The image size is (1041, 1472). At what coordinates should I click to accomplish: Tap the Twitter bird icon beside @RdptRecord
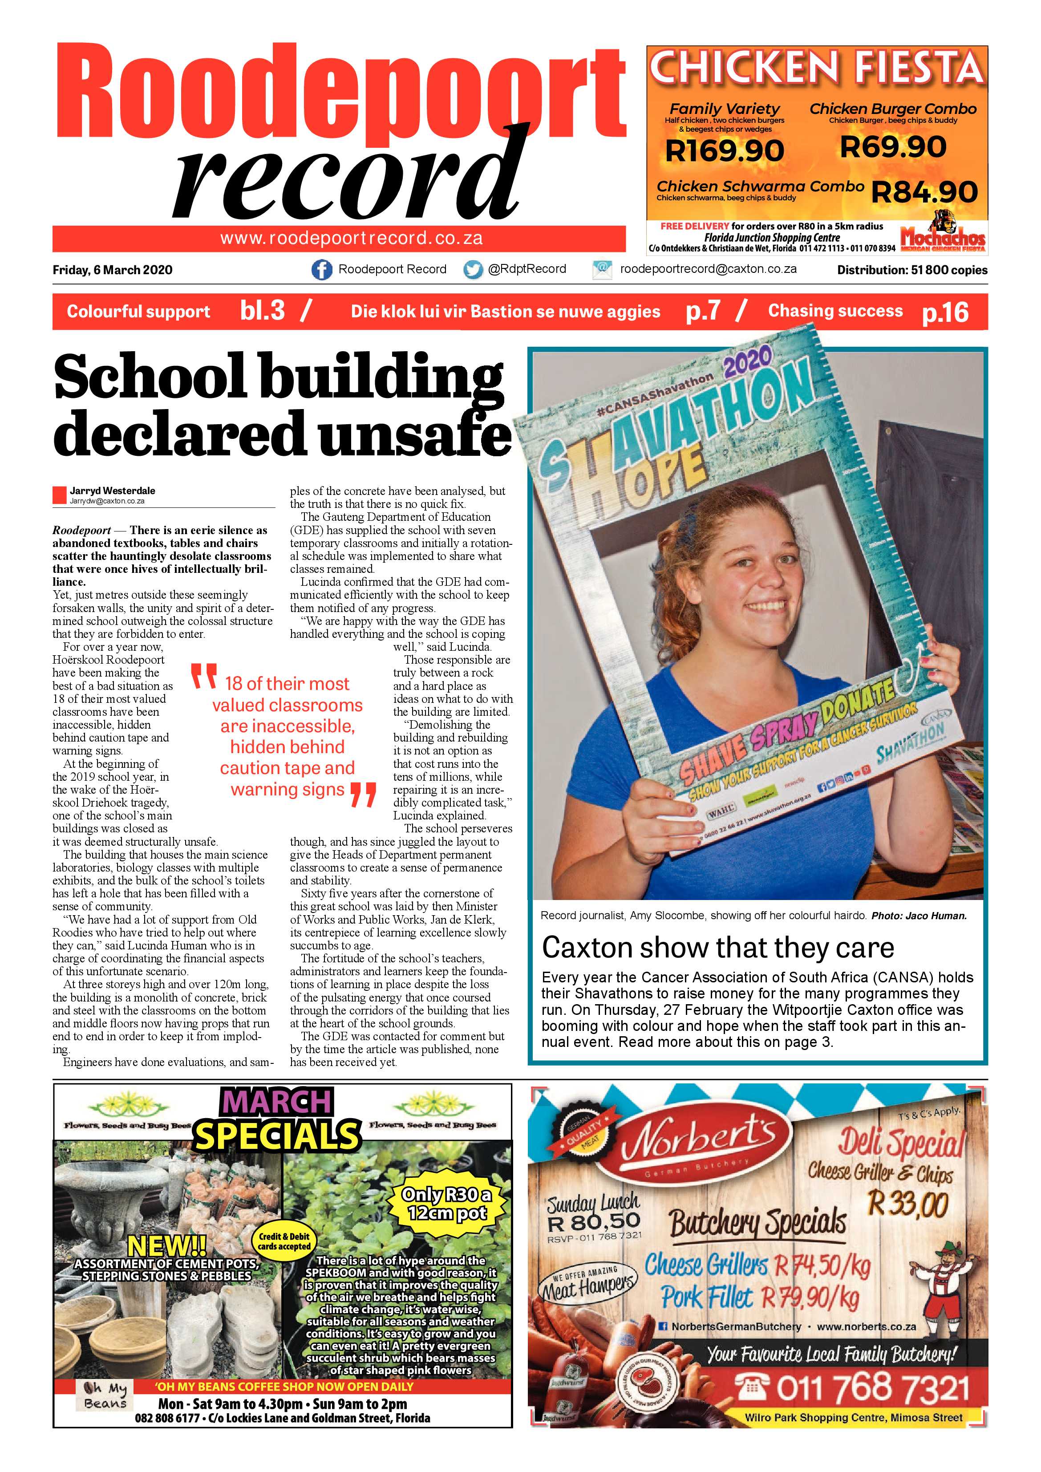point(473,270)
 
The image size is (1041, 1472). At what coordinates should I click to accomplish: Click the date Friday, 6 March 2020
point(112,270)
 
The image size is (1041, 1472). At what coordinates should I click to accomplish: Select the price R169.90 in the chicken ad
point(725,150)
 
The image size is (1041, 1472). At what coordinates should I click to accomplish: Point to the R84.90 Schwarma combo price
point(925,192)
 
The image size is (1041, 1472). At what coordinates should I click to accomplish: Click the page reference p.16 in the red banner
point(945,312)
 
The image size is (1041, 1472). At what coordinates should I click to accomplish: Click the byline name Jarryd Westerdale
point(112,491)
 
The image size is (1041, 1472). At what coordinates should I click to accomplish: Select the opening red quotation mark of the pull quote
point(204,677)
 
